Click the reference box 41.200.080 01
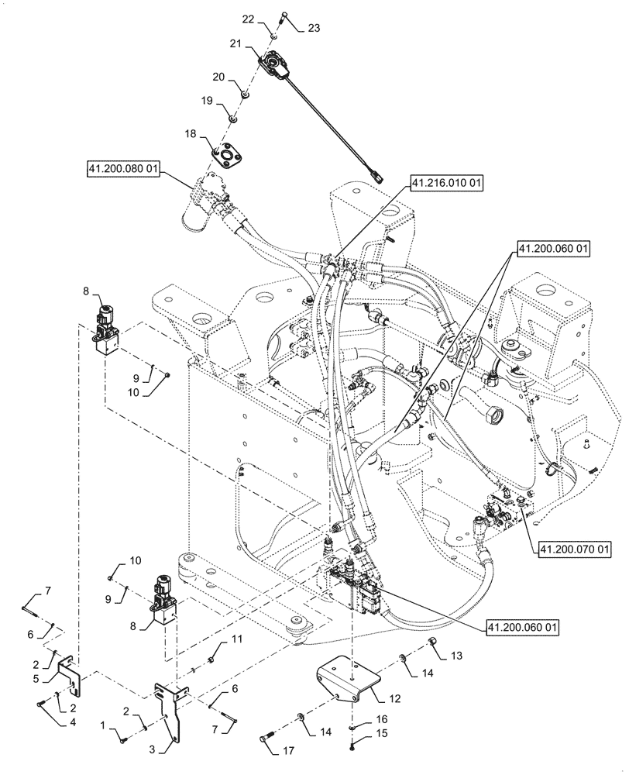click(x=123, y=169)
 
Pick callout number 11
click(x=237, y=640)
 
